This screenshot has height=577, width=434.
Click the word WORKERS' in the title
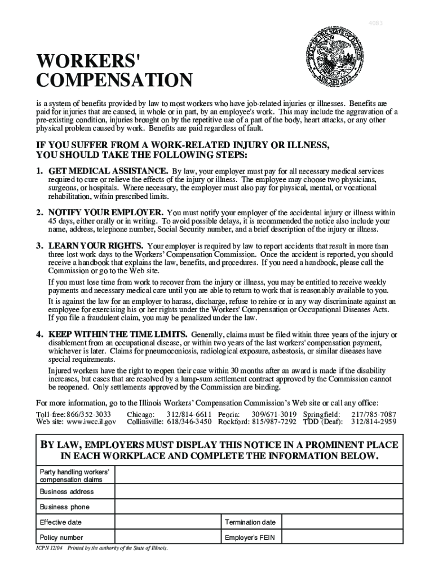pos(89,60)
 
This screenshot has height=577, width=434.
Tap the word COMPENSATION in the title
pos(114,81)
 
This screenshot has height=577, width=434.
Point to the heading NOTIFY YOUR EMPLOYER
pos(106,212)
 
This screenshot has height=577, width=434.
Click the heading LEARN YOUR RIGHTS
pos(96,246)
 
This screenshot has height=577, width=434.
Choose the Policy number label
pos(61,538)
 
